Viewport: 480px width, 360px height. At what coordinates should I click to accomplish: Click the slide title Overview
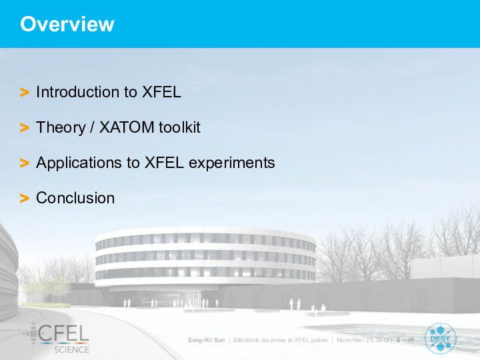point(67,24)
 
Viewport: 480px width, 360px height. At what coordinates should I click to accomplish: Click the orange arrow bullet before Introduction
point(25,92)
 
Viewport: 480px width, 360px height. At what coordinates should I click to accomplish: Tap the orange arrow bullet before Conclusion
point(25,198)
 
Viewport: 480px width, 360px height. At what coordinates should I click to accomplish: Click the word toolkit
point(180,127)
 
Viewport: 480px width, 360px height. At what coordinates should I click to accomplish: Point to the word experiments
point(232,163)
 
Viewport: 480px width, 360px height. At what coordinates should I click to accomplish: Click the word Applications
point(79,163)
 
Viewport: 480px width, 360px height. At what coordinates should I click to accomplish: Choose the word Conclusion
point(75,198)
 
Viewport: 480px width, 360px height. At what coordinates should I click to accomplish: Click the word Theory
point(61,127)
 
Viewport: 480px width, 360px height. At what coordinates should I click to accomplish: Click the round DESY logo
point(440,339)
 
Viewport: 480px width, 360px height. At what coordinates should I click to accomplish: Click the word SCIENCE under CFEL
point(71,349)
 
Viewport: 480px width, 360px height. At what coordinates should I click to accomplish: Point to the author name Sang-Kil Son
point(206,340)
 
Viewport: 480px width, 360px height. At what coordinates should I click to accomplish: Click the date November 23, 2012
point(363,340)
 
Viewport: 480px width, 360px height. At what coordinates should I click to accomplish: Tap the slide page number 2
point(398,340)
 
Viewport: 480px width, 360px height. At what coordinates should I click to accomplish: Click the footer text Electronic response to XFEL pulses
point(281,340)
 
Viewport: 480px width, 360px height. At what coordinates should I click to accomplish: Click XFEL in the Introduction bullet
point(161,92)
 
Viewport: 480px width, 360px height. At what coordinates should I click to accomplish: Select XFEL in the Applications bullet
point(164,163)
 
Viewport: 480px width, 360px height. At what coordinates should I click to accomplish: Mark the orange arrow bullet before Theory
point(25,127)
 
